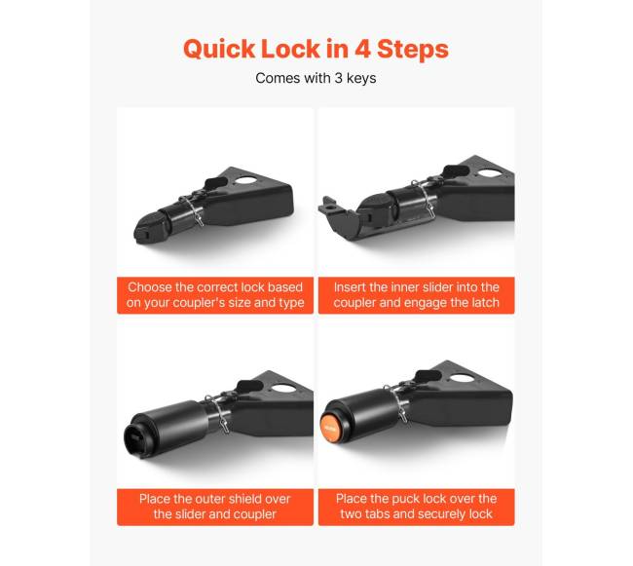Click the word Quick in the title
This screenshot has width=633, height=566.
point(219,49)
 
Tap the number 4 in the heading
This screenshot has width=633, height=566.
point(362,49)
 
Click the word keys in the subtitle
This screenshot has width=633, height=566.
point(361,78)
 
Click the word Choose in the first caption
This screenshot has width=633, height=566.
point(150,287)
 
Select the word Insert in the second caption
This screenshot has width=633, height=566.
point(350,287)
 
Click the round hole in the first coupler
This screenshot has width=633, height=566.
point(245,179)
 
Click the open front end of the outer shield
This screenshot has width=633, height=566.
point(135,437)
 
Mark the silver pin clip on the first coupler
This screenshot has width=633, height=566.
point(194,209)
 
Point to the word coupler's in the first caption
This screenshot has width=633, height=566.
point(201,303)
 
